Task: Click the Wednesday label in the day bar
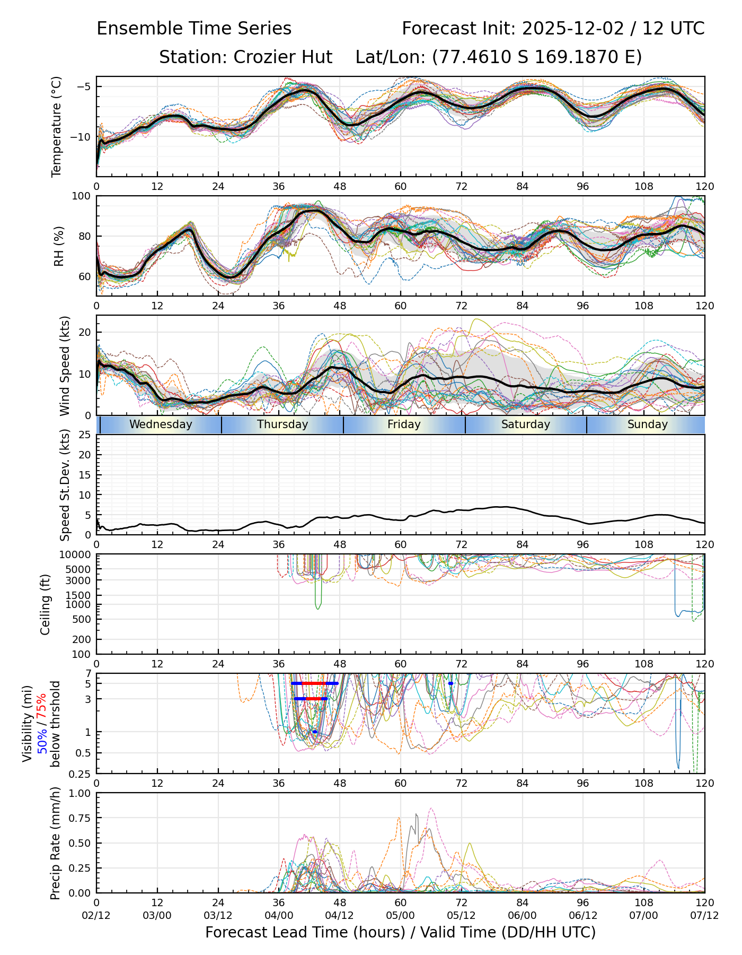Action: (161, 424)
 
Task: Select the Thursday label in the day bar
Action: (282, 424)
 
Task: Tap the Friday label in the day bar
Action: (404, 424)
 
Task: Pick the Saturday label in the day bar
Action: (526, 424)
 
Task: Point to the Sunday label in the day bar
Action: (647, 424)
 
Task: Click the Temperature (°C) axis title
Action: (57, 126)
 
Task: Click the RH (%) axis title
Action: (59, 246)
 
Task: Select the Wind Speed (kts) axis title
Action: (65, 366)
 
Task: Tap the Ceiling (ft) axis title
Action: (46, 604)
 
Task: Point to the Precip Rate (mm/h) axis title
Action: (56, 843)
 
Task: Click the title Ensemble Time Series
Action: (194, 29)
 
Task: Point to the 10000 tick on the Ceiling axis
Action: (75, 555)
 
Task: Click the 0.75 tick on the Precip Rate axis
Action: (78, 818)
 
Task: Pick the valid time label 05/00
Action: (400, 915)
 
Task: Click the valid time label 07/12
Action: (704, 915)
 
